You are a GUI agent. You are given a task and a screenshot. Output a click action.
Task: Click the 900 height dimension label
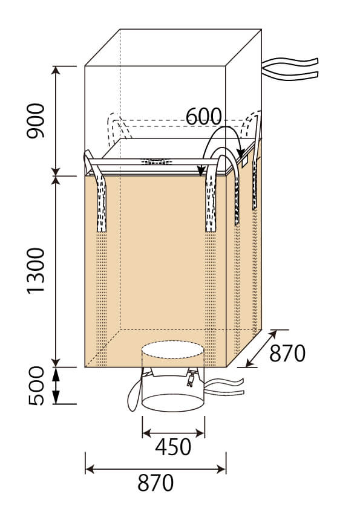36,121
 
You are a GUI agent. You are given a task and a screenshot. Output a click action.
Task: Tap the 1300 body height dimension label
36,271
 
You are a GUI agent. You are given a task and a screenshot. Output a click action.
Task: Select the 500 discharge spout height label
36,386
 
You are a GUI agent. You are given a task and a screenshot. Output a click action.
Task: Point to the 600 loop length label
204,116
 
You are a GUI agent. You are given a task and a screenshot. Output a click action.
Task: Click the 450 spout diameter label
173,447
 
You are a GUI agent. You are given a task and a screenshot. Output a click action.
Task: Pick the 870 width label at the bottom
155,483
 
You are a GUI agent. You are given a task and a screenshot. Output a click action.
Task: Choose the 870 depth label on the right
287,353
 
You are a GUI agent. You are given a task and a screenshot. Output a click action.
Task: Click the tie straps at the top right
290,68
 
